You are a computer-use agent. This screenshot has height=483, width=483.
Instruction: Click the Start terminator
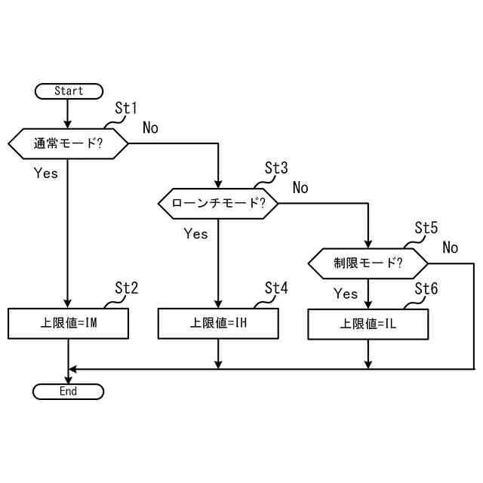point(68,91)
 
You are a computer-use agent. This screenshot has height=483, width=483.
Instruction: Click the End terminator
point(68,392)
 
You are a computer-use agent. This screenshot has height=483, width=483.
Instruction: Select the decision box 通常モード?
point(68,143)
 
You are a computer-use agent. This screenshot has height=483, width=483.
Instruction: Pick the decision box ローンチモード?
point(218,203)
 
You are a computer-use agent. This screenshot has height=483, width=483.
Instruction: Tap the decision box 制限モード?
point(368,263)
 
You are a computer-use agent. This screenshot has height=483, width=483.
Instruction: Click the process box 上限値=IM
point(68,324)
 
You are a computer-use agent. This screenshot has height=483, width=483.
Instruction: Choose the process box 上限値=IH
point(218,324)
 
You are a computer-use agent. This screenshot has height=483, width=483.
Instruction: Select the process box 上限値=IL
point(368,324)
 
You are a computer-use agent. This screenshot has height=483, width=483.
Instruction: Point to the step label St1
point(125,109)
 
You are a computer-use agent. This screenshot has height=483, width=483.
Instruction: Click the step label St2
point(125,288)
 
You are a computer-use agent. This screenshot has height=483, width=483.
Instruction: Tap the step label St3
point(276,168)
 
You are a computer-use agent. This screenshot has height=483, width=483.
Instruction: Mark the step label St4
point(276,288)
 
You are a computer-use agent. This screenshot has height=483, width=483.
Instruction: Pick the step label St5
point(426,228)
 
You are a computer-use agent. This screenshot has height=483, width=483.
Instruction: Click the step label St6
point(426,288)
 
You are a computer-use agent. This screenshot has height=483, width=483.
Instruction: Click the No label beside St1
point(150,128)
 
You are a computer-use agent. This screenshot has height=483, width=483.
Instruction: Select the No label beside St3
point(300,187)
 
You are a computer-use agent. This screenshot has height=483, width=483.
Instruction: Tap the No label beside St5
point(451,248)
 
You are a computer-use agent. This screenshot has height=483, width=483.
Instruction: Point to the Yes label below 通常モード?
point(46,173)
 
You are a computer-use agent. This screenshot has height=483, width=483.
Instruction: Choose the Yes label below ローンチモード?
point(195,234)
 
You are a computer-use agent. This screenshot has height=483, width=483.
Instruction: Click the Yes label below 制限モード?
point(346,294)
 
